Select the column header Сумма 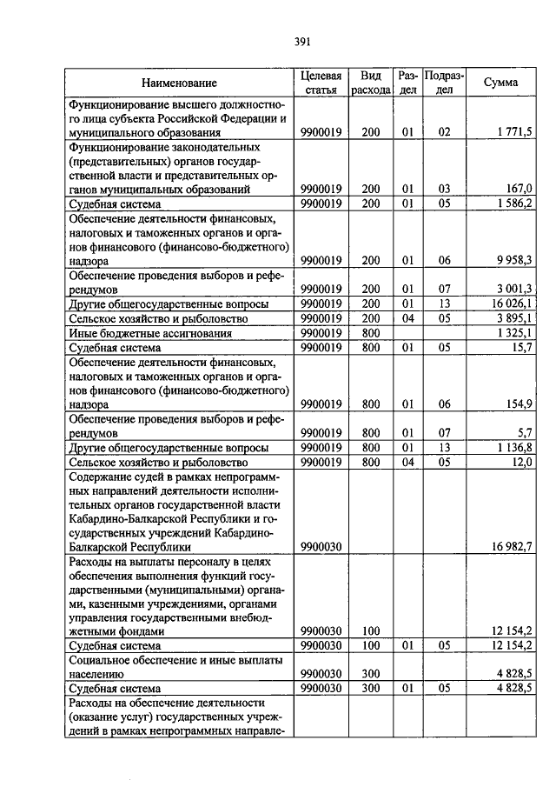pos(502,83)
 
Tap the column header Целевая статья pos(321,83)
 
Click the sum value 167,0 pos(520,188)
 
